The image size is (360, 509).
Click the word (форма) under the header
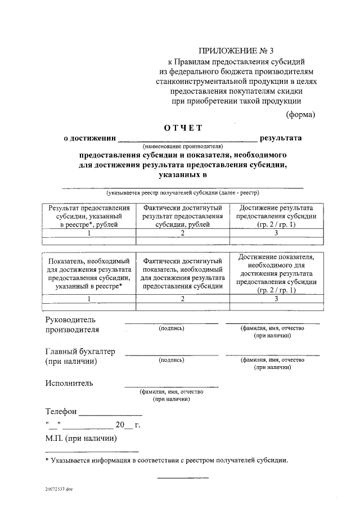coord(301,114)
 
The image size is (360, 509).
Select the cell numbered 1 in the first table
coord(89,233)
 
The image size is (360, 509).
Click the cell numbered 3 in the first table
coord(277,233)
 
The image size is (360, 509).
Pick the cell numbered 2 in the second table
coord(183,299)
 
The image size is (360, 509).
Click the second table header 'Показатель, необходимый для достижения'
coord(89,273)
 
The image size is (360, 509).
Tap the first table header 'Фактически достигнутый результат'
coord(183,216)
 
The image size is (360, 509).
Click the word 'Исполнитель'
coord(69,384)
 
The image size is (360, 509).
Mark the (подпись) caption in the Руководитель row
coord(172,327)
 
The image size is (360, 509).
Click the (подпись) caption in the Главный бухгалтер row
coord(172,359)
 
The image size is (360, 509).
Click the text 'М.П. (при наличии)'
coord(81,438)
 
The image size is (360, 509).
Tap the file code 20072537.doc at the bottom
coord(59,489)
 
